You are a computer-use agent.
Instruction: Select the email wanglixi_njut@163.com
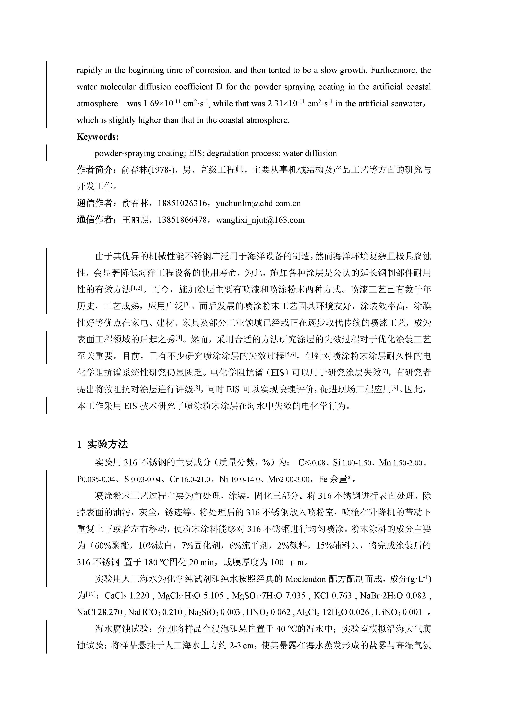click(260, 220)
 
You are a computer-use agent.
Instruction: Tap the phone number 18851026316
click(182, 204)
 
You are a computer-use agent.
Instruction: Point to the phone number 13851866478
click(182, 220)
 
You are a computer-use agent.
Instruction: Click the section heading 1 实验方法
click(102, 444)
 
